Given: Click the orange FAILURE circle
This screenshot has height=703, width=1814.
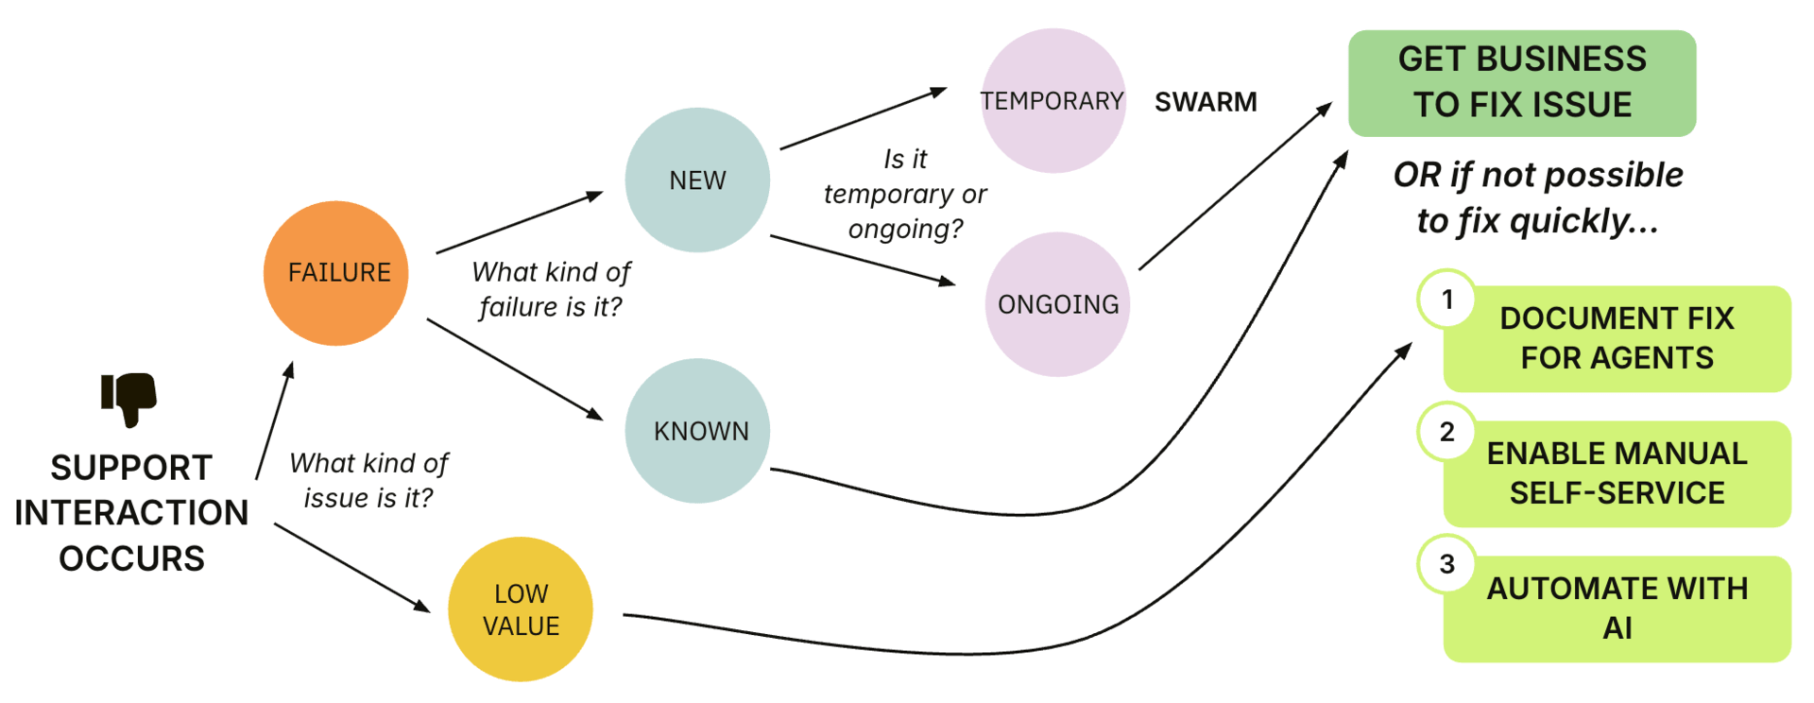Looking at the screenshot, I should click(336, 273).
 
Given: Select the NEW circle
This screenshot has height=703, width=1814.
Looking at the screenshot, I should click(697, 180).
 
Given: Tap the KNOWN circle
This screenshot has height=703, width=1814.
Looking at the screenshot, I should click(697, 431).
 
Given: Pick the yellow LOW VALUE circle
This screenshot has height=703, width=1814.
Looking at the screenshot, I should click(521, 609).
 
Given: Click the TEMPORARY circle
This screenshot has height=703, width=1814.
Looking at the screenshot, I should click(1052, 101).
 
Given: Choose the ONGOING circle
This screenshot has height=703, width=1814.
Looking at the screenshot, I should click(1057, 304).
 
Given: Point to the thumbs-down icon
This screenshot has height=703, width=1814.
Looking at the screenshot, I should click(129, 398).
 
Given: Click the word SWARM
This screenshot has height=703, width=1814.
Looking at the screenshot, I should click(1206, 102).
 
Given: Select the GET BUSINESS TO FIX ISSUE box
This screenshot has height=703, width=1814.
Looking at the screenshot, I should click(1521, 83).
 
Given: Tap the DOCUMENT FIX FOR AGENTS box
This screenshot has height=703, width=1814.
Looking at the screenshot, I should click(1617, 338).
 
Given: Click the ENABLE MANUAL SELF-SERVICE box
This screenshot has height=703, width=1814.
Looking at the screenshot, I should click(1617, 473).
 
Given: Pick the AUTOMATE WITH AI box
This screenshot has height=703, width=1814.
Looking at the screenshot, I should click(1617, 609).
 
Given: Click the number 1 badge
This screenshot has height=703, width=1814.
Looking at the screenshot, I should click(1446, 300).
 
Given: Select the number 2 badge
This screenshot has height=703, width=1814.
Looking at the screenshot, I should click(1446, 432).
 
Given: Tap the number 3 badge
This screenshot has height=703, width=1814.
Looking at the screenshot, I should click(1446, 564).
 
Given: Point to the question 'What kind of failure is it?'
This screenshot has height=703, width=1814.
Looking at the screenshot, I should click(551, 289).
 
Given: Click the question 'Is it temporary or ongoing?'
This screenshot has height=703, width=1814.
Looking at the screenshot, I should click(905, 194).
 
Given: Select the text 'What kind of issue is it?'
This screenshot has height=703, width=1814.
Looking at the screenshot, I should click(368, 480).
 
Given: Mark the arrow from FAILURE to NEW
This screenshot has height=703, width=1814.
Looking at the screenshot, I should click(519, 223).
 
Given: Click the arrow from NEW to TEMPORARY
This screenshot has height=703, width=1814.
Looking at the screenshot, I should click(863, 119).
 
